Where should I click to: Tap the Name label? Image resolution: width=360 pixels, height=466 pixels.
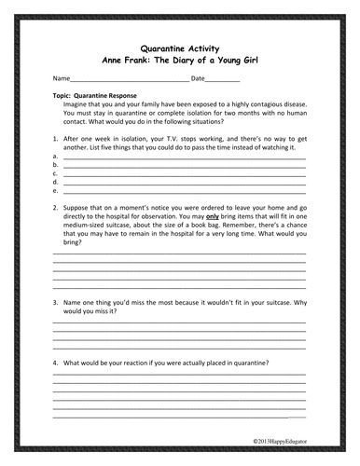61,78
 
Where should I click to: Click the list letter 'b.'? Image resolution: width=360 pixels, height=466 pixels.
56,165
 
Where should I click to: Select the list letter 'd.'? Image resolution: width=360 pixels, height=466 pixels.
56,182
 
